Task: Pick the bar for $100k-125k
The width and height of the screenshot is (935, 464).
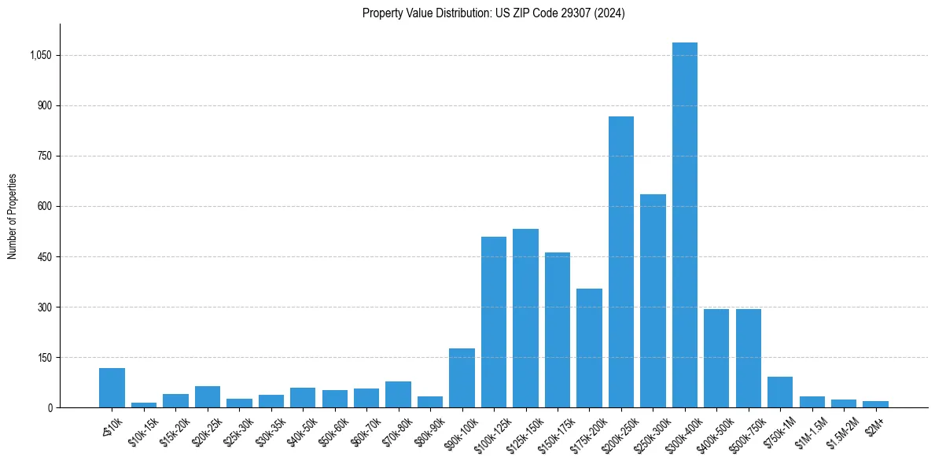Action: pos(494,322)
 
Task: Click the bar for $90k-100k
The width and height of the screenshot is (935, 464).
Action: pos(462,377)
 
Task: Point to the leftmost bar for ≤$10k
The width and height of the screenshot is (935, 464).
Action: pos(112,388)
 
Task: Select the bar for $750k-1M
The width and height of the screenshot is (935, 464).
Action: pos(780,392)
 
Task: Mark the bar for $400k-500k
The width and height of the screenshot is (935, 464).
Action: pos(716,358)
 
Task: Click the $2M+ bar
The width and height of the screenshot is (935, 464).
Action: pos(875,404)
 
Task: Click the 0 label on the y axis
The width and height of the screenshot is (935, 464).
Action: pos(50,408)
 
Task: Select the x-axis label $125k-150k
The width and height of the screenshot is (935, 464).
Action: pos(521,430)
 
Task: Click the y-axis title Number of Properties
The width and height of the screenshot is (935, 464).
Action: pos(12,216)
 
